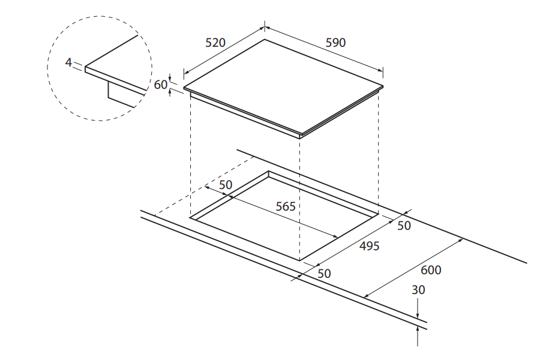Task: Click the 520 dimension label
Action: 215,43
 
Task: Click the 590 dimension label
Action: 335,43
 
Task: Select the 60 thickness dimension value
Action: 161,85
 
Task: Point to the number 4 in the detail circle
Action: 68,62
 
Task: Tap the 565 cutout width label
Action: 286,206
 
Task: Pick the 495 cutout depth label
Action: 369,246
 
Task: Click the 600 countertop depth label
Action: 431,270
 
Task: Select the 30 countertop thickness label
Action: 418,290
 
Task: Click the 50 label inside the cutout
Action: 226,185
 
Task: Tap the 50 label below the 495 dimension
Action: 324,274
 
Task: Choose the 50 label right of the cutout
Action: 404,226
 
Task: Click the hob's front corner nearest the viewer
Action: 300,136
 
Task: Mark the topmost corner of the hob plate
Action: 265,40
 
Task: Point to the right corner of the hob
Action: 382,88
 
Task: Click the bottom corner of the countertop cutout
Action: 299,261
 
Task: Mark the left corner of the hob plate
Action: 184,88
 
